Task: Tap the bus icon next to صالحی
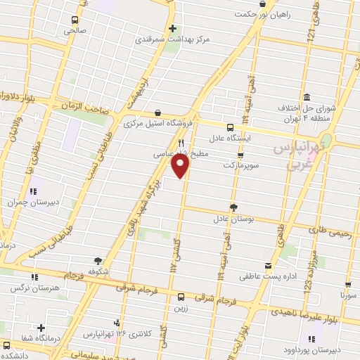[x=74, y=20]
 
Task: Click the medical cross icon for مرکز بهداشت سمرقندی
[x=172, y=29]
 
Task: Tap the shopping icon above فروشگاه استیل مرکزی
[x=157, y=112]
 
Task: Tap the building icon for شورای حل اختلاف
[x=307, y=97]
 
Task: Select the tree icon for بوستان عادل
[x=233, y=207]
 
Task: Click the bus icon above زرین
[x=181, y=297]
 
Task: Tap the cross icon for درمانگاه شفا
[x=42, y=328]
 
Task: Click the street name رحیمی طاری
[x=333, y=229]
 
